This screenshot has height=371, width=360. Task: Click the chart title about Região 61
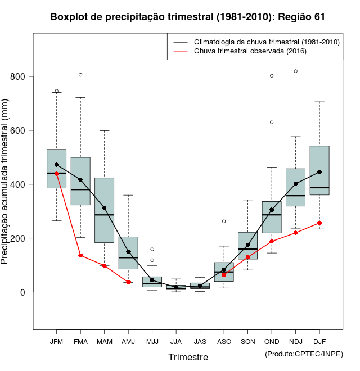[187, 17]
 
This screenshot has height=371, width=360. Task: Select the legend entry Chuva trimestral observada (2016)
[250, 51]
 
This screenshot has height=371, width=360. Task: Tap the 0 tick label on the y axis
[23, 292]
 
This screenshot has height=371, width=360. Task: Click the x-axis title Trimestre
[188, 357]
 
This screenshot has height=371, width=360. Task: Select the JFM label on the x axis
[56, 342]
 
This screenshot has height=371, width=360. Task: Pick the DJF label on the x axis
[319, 342]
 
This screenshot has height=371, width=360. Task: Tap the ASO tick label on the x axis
[224, 342]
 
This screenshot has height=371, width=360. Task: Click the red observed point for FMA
[80, 255]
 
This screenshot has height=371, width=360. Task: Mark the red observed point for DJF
[319, 223]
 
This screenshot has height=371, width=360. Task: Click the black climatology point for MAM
[105, 208]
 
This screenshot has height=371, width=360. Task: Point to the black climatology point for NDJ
[295, 183]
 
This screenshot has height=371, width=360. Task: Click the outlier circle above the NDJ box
[295, 71]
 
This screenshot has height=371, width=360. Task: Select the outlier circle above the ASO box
[224, 221]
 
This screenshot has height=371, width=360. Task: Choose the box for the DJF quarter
[319, 169]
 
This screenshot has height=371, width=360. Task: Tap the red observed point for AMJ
[128, 282]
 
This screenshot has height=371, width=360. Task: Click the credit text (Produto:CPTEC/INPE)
[304, 354]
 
